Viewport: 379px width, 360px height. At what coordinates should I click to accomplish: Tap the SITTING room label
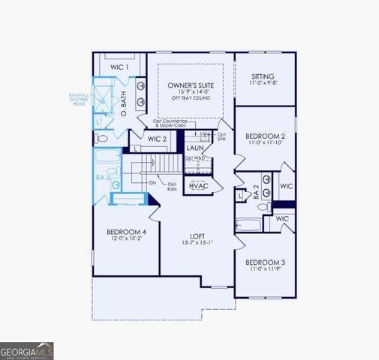262,76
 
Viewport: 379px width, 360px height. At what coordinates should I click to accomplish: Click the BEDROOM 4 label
126,232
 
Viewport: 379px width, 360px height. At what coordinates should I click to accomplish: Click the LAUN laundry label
195,148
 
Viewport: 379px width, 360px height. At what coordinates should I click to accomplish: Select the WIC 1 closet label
120,67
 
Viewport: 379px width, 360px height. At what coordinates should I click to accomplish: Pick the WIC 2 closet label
157,139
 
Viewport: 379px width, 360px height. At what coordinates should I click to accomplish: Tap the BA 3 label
104,197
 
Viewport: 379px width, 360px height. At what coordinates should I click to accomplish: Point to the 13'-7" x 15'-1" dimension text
197,243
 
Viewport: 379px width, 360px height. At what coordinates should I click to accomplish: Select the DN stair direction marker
152,182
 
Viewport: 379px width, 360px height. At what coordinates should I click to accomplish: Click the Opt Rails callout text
172,187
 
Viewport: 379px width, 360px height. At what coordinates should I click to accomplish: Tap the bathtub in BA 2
248,223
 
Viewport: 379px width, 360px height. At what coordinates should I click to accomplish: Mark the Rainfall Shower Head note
80,100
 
